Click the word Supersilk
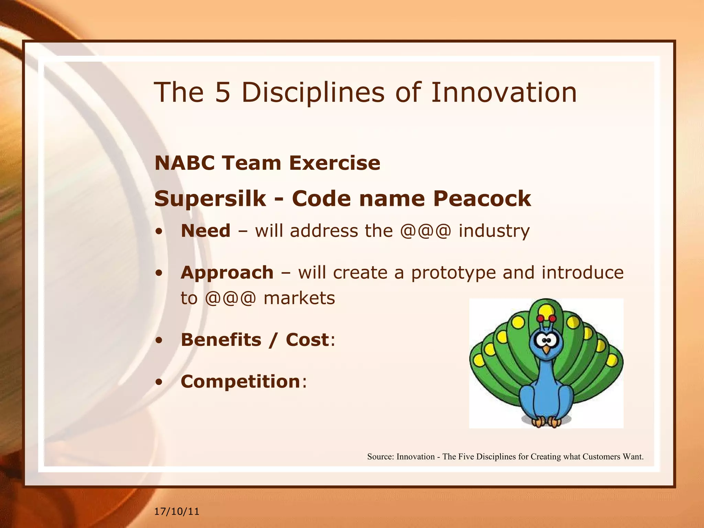(210, 199)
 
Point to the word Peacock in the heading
(482, 199)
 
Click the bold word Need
(206, 231)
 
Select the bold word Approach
(227, 273)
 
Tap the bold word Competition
(241, 382)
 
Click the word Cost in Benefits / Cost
(307, 340)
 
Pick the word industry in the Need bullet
(494, 231)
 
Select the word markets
(299, 298)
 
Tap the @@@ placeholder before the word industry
(425, 231)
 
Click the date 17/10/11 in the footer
(177, 511)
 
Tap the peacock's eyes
(546, 341)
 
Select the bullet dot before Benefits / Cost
(158, 340)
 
